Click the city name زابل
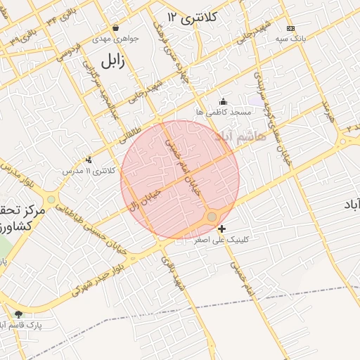click(x=112, y=61)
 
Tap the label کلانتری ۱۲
click(x=193, y=15)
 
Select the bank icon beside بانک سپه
click(x=290, y=29)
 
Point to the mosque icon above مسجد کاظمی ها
click(x=224, y=101)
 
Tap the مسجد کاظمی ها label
click(x=224, y=112)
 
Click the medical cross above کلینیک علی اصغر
click(x=222, y=229)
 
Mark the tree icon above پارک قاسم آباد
click(x=18, y=314)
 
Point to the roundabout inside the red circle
click(x=212, y=217)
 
